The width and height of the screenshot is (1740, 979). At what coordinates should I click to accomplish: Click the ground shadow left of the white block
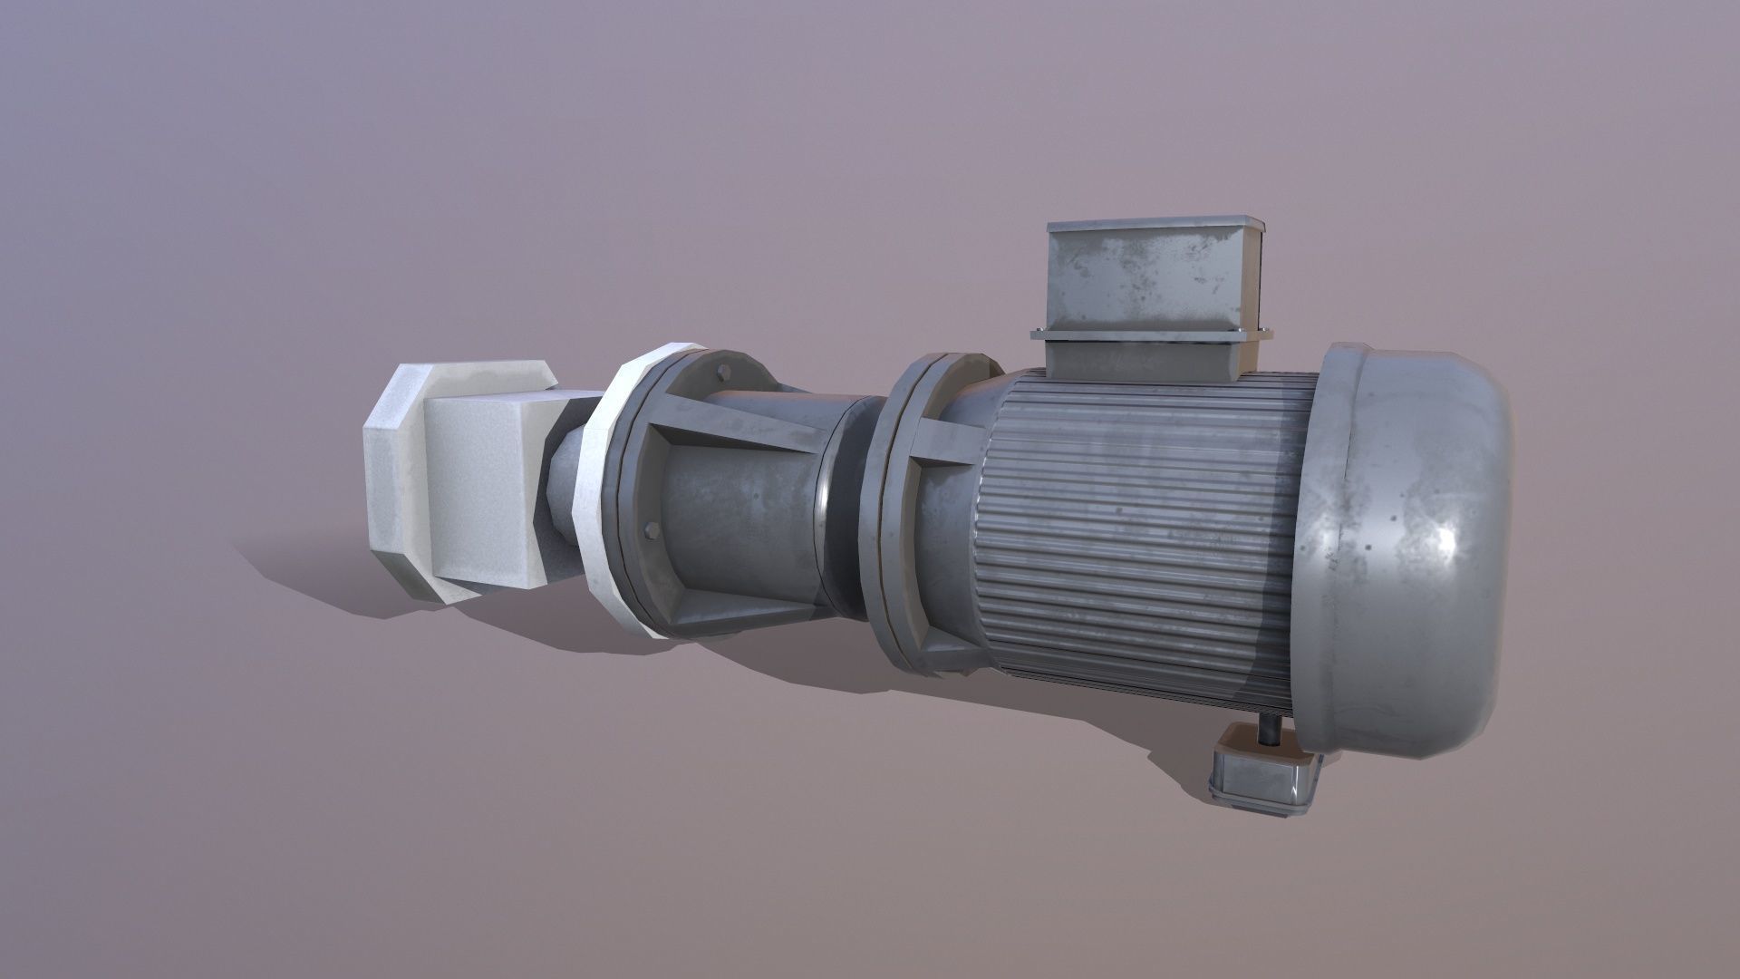[299, 562]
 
